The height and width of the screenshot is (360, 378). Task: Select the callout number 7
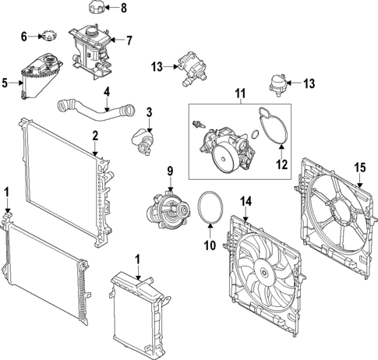pos(129,39)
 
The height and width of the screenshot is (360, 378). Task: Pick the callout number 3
pos(150,111)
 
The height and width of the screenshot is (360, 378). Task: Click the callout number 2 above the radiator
pos(94,136)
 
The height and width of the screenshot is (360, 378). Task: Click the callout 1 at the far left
pos(7,191)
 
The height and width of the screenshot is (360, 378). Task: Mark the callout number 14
pos(246,202)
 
